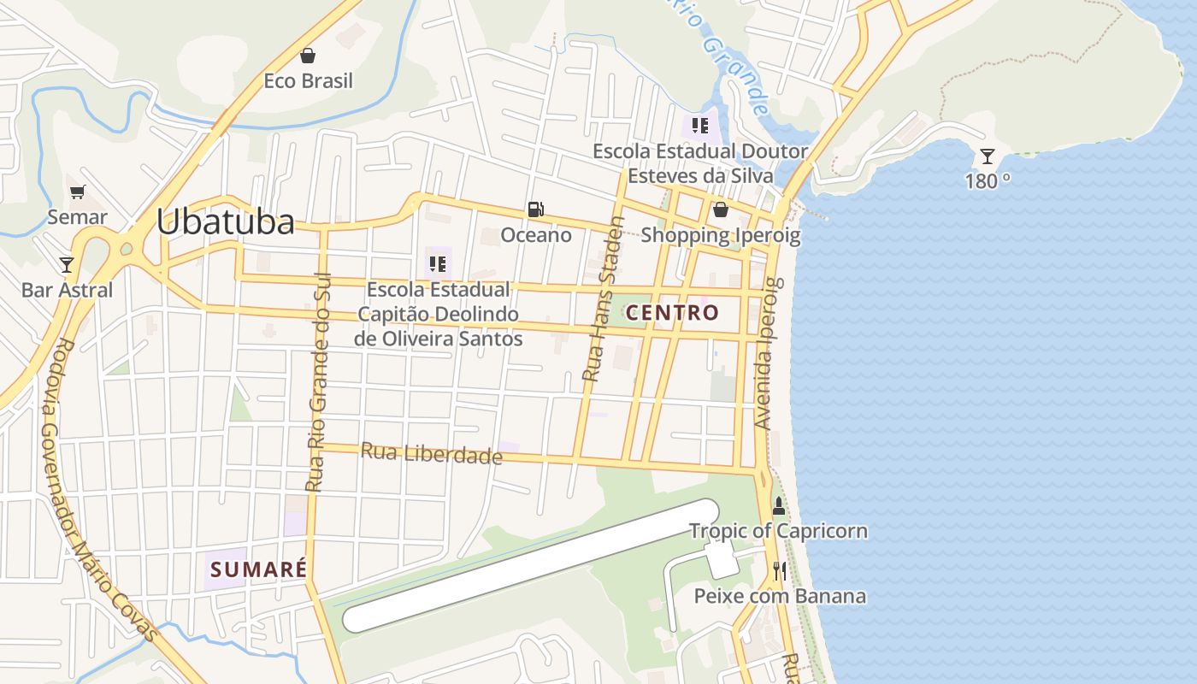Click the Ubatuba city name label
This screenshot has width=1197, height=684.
[225, 222]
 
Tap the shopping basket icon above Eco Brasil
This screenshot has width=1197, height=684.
[308, 56]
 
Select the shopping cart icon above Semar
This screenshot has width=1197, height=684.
[78, 192]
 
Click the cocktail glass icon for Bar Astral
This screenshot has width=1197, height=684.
[67, 264]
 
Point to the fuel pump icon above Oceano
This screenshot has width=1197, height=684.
[536, 209]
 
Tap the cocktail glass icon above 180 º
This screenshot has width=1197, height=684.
[988, 156]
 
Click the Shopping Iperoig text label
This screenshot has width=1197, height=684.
[721, 235]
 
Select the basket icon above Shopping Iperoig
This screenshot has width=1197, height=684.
[721, 209]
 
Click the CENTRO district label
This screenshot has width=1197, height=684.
[673, 313]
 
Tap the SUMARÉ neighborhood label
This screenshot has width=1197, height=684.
[258, 569]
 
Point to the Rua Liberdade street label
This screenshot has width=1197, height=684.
[431, 453]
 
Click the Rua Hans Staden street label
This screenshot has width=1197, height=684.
[602, 299]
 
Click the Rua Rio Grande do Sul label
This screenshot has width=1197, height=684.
[317, 380]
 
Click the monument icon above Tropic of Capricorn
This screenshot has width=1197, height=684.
[778, 505]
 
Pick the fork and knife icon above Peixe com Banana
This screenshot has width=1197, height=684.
[779, 570]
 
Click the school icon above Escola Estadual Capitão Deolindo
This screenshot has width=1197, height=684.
[438, 264]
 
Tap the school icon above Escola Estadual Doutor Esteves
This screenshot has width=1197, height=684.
[700, 127]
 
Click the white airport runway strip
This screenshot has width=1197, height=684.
[530, 566]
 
